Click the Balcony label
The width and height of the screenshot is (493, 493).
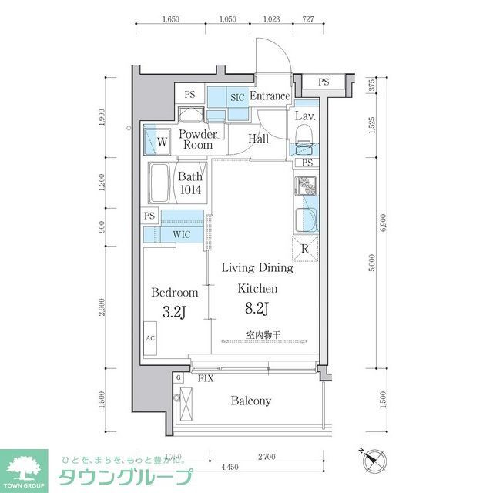click(x=250, y=401)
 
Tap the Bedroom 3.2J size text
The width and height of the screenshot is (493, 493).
click(x=174, y=312)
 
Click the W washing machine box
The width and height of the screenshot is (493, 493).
click(x=162, y=142)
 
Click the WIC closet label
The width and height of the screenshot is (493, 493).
click(x=182, y=233)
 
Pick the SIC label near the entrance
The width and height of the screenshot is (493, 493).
click(x=237, y=98)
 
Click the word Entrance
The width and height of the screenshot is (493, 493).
click(x=270, y=96)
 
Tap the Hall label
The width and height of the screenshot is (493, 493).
click(x=259, y=139)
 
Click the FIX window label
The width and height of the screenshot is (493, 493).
click(x=205, y=379)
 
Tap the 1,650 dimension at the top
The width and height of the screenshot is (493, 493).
click(x=171, y=21)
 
